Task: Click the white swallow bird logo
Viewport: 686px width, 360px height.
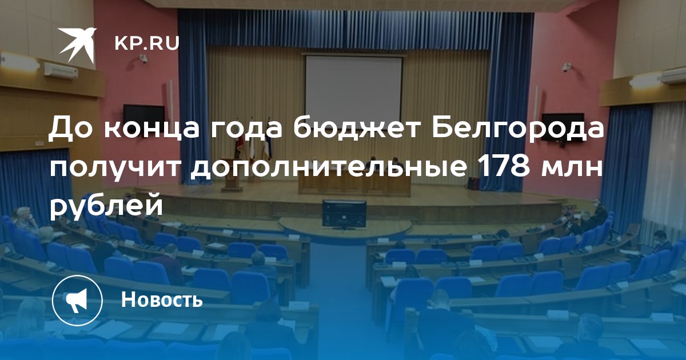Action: [77, 45]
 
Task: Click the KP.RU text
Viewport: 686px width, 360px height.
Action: [147, 43]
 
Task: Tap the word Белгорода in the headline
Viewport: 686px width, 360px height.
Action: [518, 128]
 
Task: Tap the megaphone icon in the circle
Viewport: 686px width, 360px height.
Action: [77, 300]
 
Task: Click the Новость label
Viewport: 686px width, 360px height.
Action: [162, 299]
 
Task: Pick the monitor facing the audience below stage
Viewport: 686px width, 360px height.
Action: [344, 214]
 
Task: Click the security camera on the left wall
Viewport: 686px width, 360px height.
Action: [143, 58]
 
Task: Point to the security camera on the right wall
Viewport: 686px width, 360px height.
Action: [567, 67]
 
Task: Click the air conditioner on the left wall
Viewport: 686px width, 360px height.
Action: [61, 71]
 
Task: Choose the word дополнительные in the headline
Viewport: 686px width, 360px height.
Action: [328, 168]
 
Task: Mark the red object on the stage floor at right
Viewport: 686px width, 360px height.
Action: [473, 183]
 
